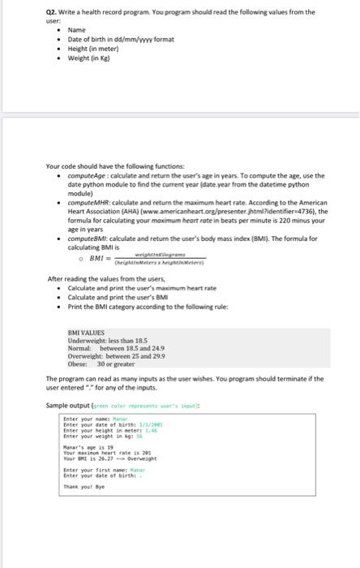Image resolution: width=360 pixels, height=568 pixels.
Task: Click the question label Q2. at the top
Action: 54,12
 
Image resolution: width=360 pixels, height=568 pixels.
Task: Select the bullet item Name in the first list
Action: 77,29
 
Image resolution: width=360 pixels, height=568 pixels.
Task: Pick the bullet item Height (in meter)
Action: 96,49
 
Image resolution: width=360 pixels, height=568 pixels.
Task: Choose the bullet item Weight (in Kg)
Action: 92,58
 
